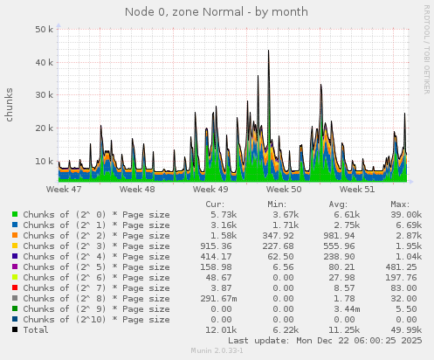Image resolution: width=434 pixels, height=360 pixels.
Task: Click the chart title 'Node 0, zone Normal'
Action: coord(216,12)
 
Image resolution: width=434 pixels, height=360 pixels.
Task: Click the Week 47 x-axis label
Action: coord(64,189)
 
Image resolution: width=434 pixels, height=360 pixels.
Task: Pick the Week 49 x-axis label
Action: coord(210,189)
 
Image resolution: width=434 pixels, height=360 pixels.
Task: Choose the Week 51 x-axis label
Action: coord(357,189)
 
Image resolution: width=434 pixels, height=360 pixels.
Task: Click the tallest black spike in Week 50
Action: coord(268,51)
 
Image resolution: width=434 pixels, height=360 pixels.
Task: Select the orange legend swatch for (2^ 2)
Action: coord(15,235)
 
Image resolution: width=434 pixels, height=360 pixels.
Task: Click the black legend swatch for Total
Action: coord(15,329)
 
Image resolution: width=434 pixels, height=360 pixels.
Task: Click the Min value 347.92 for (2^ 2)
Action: coord(279,235)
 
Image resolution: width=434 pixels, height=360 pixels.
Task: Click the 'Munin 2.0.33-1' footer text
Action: coord(217,351)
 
